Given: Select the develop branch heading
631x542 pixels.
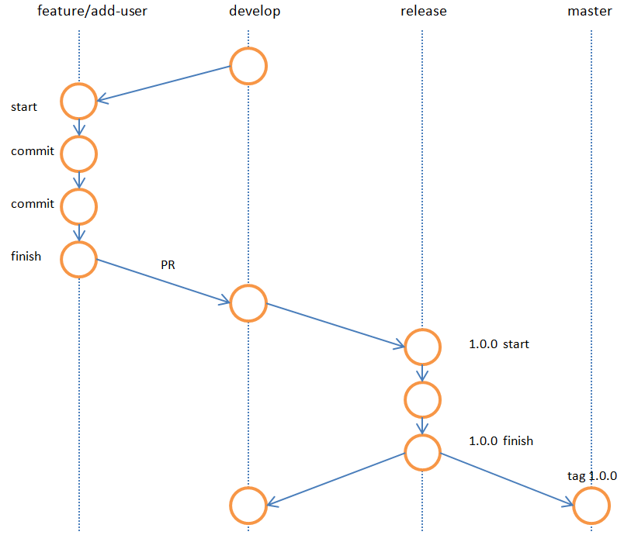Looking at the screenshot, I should point(255,12).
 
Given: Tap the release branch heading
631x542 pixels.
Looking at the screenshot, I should point(423,12).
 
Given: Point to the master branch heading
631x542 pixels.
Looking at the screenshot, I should point(589,12).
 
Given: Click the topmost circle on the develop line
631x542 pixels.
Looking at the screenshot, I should point(248,66).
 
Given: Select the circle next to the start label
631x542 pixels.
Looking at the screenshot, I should point(78,101).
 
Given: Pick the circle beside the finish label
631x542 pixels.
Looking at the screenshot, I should point(78,259).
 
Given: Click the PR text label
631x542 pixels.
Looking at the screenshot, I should point(168,265).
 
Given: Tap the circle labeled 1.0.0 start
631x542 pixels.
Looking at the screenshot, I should point(423,347).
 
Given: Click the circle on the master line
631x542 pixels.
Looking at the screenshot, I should point(591,507).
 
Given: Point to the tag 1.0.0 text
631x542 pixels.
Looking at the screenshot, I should point(592,476).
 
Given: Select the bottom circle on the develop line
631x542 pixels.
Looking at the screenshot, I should point(248,506).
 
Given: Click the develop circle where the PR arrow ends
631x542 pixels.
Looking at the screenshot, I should point(248,302).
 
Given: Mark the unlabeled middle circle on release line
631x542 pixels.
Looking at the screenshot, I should point(423,399).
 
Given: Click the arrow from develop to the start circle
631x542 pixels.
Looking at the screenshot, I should point(163,84).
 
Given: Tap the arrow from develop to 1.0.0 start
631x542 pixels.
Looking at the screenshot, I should point(335,324).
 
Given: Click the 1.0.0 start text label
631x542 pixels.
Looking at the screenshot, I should point(499,343).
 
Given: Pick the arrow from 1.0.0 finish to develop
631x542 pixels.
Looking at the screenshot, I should point(335,478).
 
